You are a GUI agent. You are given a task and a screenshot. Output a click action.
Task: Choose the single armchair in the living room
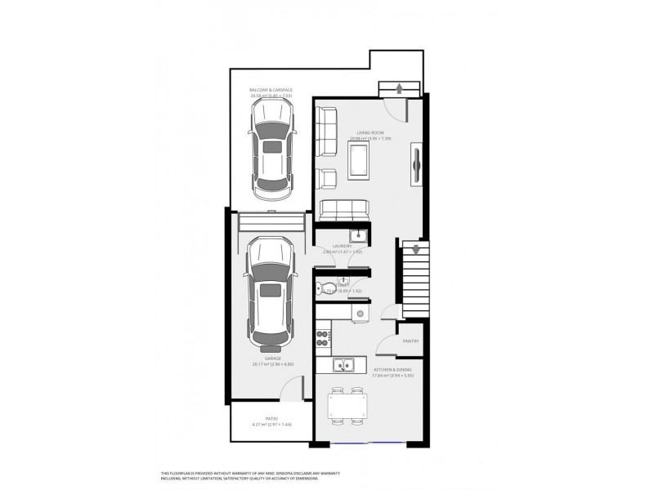coord(327,178)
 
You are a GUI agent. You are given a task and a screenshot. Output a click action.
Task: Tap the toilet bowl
coord(321,288)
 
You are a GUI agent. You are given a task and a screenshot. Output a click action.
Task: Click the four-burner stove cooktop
coord(323,335)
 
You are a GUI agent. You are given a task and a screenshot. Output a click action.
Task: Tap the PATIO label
coord(259,418)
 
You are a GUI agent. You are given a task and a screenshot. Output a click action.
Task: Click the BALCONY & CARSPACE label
coord(271,90)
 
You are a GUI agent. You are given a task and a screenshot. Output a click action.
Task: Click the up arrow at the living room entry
coord(398,88)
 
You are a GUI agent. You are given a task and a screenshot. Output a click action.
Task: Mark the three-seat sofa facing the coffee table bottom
coord(343,211)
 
